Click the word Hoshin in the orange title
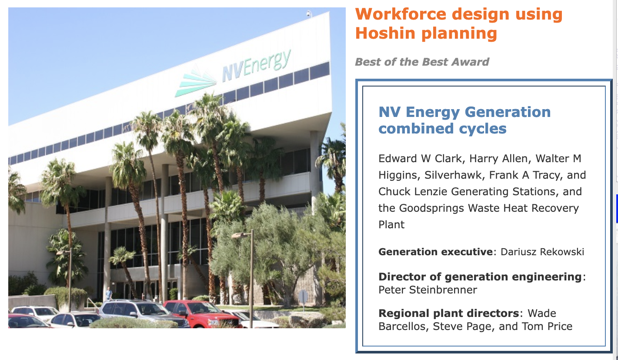385,33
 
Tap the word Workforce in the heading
401,14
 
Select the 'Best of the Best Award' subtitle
422,62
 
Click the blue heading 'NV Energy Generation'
464,112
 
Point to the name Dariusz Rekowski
542,252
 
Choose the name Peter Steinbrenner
428,290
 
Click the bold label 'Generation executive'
436,252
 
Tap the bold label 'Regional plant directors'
449,313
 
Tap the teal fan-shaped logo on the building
195,82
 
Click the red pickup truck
203,314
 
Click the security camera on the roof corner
309,13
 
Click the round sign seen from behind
303,297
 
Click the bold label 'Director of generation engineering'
480,277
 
